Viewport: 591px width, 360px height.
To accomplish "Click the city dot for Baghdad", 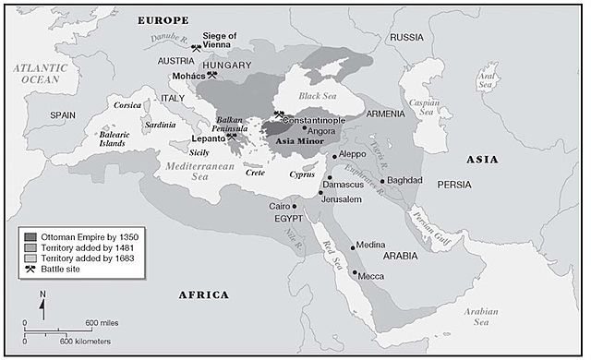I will tap(382, 181).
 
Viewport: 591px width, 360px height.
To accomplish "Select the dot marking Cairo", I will tap(295, 206).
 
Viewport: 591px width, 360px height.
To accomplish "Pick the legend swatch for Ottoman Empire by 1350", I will tap(30, 236).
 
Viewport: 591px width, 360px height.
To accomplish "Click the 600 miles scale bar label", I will tap(103, 322).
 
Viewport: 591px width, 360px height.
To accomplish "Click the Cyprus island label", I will tap(302, 173).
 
